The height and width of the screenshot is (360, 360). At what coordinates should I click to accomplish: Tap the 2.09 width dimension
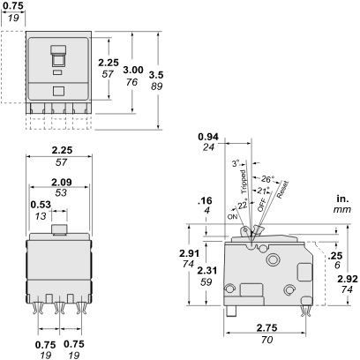click(x=61, y=183)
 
